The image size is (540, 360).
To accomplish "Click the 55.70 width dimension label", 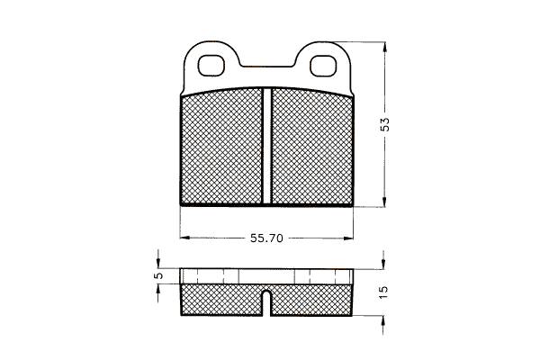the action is (266, 238).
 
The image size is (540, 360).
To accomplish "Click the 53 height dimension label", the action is (384, 124).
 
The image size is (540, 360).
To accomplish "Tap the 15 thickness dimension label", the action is (383, 292).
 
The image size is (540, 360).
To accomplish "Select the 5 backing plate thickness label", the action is (158, 275).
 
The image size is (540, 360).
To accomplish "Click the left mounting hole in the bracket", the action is (211, 66).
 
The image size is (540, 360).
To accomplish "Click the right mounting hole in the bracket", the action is (323, 66).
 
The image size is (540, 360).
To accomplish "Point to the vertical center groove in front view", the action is (267, 146).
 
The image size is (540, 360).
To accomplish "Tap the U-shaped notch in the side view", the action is (266, 302).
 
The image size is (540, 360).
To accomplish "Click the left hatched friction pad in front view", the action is (221, 146).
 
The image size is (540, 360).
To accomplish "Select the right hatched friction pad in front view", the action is (312, 146).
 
